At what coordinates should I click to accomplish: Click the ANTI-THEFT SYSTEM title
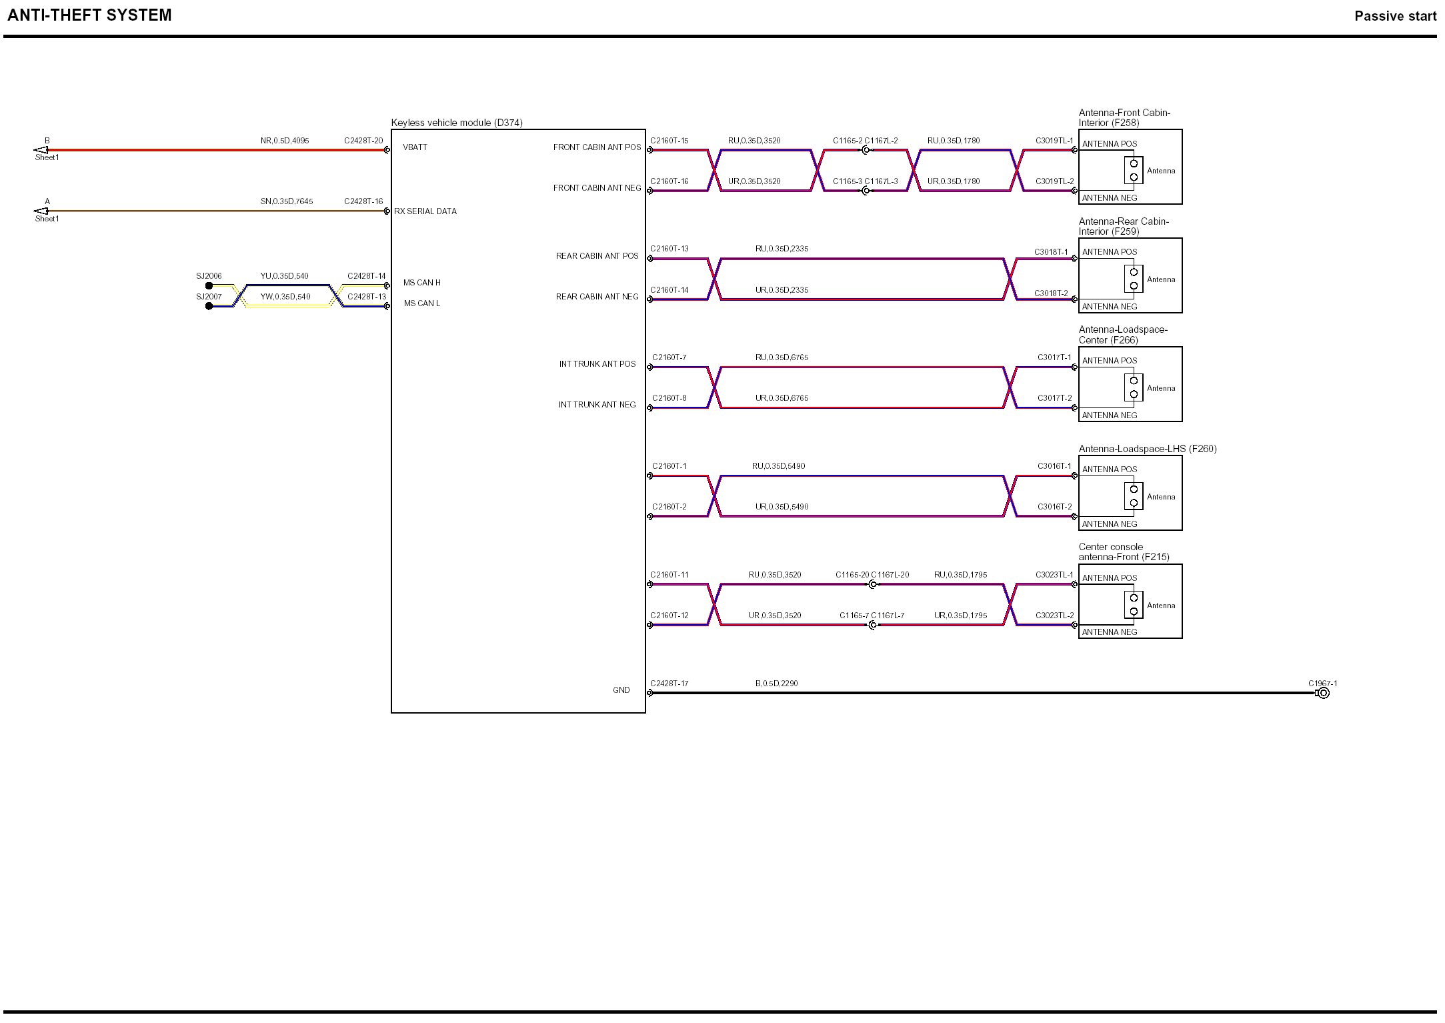(x=89, y=15)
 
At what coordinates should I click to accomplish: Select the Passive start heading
(x=1395, y=17)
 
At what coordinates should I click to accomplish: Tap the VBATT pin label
(x=415, y=147)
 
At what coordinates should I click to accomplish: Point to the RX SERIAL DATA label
(x=425, y=211)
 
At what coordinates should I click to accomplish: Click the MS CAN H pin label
(x=421, y=283)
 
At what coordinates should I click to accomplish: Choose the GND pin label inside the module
(x=621, y=690)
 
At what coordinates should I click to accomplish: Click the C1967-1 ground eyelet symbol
(x=1324, y=694)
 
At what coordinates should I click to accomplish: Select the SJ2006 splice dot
(x=209, y=286)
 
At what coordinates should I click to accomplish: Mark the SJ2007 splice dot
(x=209, y=306)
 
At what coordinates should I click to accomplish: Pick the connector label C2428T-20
(x=363, y=141)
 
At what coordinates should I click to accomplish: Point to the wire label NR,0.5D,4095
(x=285, y=141)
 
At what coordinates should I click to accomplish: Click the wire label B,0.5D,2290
(x=776, y=684)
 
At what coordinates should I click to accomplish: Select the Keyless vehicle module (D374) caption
(x=457, y=123)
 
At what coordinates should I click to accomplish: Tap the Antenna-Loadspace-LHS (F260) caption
(x=1148, y=449)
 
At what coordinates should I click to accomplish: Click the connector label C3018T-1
(x=1051, y=252)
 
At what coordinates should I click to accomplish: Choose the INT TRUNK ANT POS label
(x=597, y=364)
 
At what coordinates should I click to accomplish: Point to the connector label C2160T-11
(x=669, y=575)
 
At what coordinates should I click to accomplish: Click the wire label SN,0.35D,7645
(x=287, y=201)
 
